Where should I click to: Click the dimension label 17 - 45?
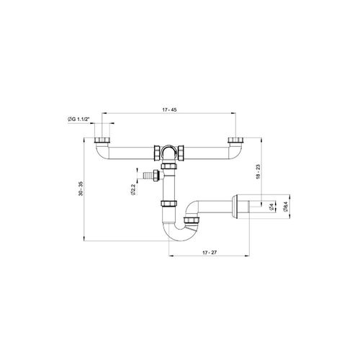click(169, 109)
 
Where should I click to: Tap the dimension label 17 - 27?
click(210, 253)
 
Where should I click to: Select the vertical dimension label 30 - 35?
click(81, 189)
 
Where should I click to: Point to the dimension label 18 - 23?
click(258, 171)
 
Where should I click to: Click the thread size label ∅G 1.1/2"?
click(78, 119)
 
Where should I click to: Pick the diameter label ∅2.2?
click(133, 189)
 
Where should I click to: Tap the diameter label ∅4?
click(271, 207)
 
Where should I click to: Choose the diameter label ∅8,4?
click(285, 207)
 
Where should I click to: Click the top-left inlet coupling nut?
click(102, 140)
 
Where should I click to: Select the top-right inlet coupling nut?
click(236, 140)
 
